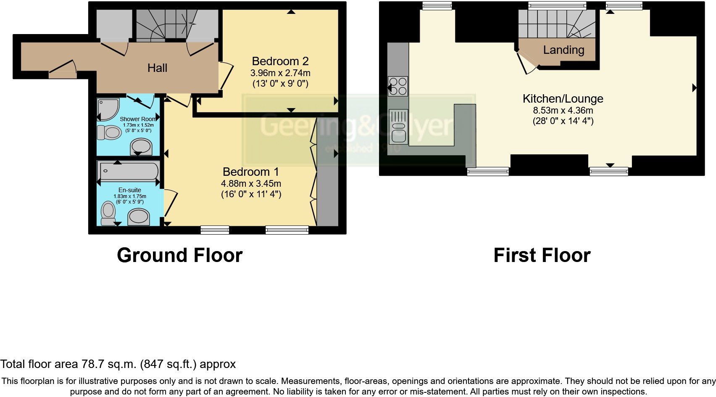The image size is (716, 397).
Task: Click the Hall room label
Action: (x=157, y=68)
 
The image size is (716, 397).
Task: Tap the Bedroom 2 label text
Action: (x=280, y=61)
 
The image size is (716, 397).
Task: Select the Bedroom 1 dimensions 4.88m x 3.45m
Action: (x=251, y=184)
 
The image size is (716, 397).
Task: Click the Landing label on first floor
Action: (x=563, y=50)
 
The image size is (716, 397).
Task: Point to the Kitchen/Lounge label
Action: (x=563, y=99)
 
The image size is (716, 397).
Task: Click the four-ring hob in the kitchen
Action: (x=397, y=86)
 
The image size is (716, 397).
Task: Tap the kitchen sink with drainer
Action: (x=398, y=125)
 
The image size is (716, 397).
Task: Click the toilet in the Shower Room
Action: (x=109, y=132)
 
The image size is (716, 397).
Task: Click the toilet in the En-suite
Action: (x=108, y=213)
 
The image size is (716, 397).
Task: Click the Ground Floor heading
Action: (x=179, y=255)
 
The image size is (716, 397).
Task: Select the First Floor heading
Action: (x=542, y=255)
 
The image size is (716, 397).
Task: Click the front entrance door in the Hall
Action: (x=63, y=69)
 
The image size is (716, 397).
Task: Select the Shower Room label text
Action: (x=138, y=119)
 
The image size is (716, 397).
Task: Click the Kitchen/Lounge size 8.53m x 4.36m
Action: (x=563, y=111)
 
